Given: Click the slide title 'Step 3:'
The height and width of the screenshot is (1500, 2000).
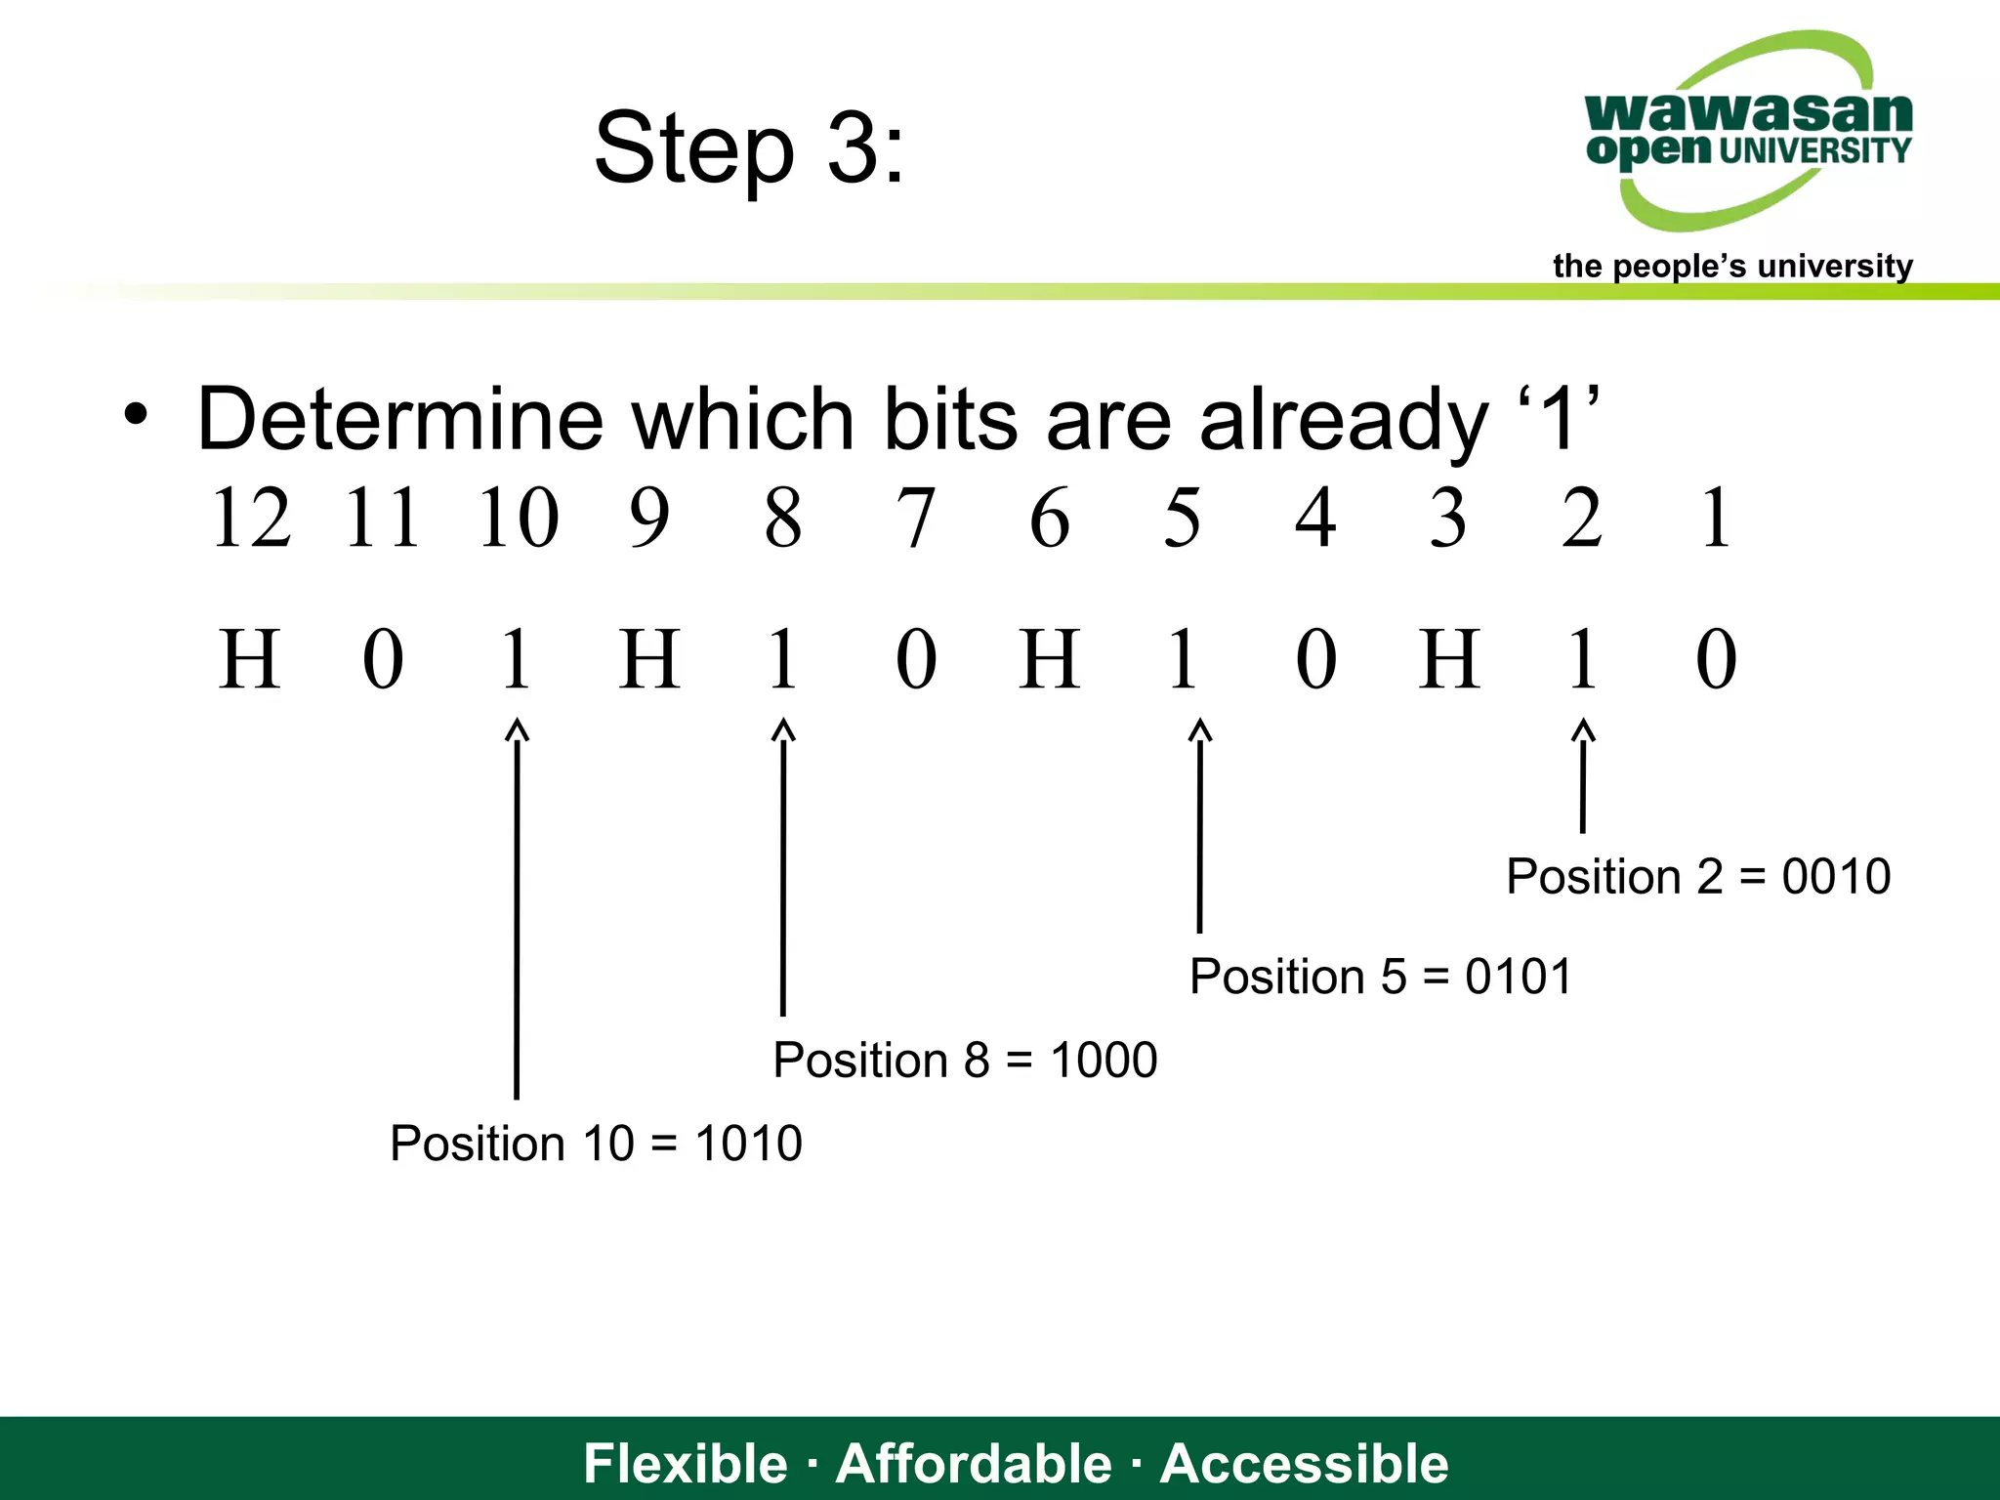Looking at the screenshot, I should (749, 148).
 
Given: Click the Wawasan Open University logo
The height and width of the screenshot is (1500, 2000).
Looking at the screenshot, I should (1748, 132).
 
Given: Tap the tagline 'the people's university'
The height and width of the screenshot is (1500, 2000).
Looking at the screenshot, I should (1731, 266).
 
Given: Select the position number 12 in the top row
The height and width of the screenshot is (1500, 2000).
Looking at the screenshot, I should (251, 518).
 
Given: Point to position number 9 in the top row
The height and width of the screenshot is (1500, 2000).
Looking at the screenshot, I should (649, 518).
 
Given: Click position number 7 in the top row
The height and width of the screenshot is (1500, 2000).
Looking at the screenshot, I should (915, 518).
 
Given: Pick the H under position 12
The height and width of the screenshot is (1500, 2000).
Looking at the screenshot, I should (250, 660).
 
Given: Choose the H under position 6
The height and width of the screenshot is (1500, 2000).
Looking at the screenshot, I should (1050, 660).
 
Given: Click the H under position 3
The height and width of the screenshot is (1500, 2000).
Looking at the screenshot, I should (1449, 660).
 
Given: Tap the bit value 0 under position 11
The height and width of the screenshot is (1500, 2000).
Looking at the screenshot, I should (383, 660).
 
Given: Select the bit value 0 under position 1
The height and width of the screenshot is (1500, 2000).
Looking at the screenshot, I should (1716, 660).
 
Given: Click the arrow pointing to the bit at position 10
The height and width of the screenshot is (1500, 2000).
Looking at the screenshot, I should (517, 908).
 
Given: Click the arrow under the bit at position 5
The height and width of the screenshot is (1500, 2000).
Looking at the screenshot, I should (1200, 825).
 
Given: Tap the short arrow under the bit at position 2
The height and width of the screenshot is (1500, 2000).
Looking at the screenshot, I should (1583, 775).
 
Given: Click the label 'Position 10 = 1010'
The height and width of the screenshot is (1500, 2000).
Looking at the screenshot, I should (596, 1143).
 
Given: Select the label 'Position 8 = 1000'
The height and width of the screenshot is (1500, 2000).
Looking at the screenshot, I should (965, 1060).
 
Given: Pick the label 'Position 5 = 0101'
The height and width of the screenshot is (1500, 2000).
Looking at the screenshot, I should (1381, 977).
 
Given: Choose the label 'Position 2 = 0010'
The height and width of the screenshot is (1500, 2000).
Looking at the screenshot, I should (1698, 876).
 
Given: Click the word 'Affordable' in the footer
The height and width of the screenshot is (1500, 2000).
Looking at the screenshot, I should (974, 1463).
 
